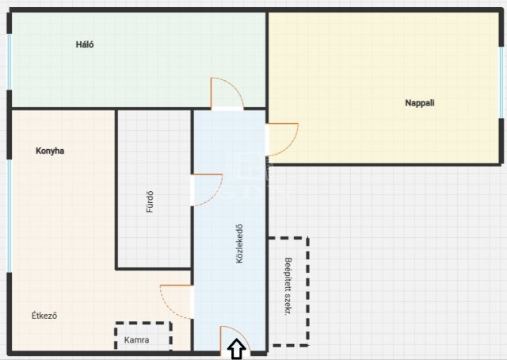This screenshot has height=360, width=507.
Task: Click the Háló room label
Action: click(x=85, y=44)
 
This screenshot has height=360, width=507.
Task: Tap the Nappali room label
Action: click(x=420, y=103)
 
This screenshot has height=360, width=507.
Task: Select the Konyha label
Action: click(x=50, y=151)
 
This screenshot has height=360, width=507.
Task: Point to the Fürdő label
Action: click(x=150, y=201)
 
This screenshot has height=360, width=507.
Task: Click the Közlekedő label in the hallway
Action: click(x=239, y=243)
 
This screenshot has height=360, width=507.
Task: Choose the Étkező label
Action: click(x=44, y=316)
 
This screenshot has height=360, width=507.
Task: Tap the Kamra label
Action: click(x=137, y=340)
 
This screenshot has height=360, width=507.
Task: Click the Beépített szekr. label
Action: click(x=288, y=286)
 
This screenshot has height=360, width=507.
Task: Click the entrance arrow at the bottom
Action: click(x=237, y=349)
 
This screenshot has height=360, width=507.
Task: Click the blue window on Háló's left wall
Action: click(x=10, y=62)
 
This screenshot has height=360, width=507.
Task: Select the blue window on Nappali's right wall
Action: click(x=501, y=82)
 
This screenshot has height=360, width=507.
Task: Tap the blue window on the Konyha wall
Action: click(x=10, y=216)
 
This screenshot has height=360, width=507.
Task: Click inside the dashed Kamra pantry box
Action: click(x=143, y=336)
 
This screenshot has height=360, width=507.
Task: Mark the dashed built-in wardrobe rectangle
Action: click(x=308, y=291)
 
